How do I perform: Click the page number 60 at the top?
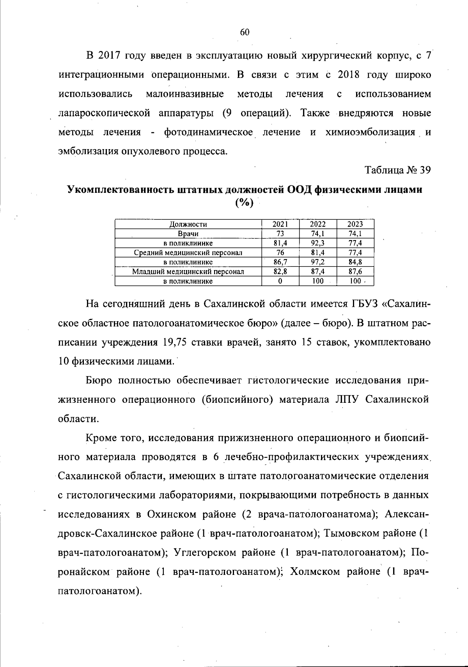[x=245, y=33]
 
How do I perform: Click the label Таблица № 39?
[x=397, y=171]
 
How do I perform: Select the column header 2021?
[x=280, y=224]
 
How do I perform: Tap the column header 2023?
[x=355, y=224]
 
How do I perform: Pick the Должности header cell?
[x=188, y=224]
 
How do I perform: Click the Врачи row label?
[x=188, y=234]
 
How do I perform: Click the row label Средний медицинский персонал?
[x=188, y=253]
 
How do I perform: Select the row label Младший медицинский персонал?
[x=188, y=272]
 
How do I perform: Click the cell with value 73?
[x=280, y=234]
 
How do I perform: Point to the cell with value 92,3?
[x=318, y=243]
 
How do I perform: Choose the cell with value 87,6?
[x=355, y=272]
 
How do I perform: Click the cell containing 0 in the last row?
[x=280, y=281]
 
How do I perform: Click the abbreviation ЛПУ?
[x=347, y=400]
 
